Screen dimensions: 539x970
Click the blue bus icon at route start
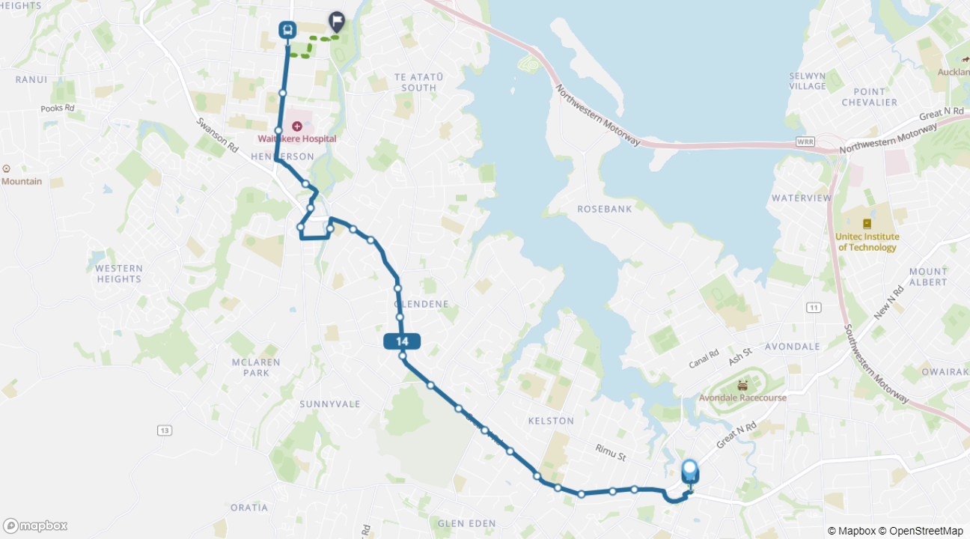(287, 30)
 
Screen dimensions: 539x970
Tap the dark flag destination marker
(337, 22)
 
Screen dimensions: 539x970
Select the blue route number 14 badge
(402, 341)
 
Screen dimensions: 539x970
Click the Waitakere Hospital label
(297, 138)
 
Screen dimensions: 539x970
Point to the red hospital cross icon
(297, 127)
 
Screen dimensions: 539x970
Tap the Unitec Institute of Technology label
(867, 242)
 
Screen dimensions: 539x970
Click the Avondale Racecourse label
(742, 398)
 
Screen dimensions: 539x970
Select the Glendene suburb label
(421, 304)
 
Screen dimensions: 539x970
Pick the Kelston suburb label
(550, 421)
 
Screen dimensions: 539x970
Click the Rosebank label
(604, 209)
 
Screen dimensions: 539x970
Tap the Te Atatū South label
(418, 82)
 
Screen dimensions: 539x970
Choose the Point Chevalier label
(869, 97)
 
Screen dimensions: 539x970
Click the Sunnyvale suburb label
(330, 404)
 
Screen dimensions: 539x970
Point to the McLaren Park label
(256, 367)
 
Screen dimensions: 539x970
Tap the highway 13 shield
(165, 430)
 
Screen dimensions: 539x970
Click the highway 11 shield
(814, 308)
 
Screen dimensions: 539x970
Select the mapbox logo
(35, 526)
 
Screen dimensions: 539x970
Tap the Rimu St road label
(610, 451)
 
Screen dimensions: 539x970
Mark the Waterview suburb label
(802, 198)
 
